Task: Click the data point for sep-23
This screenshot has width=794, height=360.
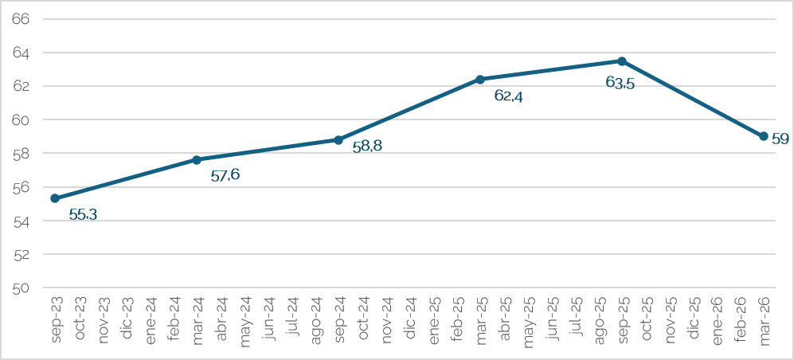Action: [x=55, y=198]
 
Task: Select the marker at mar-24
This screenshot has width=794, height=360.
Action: [x=197, y=159]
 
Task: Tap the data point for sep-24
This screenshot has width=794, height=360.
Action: [x=338, y=139]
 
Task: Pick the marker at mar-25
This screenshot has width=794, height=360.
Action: [x=480, y=79]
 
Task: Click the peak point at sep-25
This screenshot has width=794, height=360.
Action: [x=622, y=61]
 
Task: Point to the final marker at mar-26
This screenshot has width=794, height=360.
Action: [x=764, y=136]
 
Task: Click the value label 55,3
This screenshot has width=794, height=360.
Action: [x=83, y=215]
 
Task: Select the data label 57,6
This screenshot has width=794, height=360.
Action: [x=225, y=176]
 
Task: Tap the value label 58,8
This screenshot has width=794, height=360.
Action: [x=367, y=147]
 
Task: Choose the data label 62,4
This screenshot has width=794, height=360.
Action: [x=508, y=96]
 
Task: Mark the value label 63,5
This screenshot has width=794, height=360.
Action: [x=620, y=83]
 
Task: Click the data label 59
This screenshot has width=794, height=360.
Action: [x=780, y=139]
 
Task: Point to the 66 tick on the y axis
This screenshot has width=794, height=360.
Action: [x=23, y=19]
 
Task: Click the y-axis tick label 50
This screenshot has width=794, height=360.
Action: [x=23, y=288]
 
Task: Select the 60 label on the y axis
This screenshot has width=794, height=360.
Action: [x=23, y=120]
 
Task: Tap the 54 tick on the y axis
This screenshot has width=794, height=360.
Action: [x=23, y=221]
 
